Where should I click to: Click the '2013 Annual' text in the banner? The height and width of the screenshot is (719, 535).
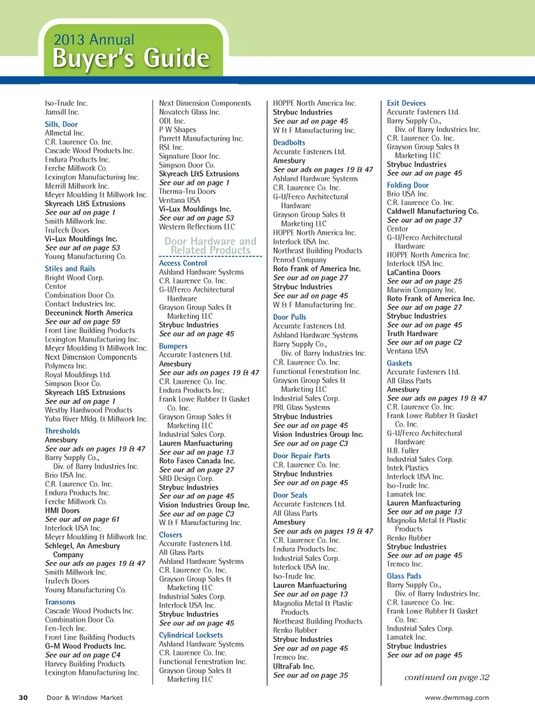[94, 40]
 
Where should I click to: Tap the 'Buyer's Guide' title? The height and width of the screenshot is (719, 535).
[130, 59]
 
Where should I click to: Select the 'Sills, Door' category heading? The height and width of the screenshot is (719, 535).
[61, 124]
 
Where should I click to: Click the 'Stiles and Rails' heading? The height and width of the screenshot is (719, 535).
[70, 269]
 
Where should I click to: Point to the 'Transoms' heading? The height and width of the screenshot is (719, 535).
[60, 602]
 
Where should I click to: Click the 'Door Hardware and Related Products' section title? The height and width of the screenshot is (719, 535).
[210, 246]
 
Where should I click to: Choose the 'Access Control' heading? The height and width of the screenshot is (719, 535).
[183, 263]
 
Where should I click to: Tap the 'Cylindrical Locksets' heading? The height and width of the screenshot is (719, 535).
[191, 635]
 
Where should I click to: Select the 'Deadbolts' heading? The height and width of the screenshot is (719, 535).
[289, 143]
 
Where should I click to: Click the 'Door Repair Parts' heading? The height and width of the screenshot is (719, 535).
[301, 455]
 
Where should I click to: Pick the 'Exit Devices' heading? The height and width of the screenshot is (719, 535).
[406, 103]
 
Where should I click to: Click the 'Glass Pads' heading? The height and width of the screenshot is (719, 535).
[404, 576]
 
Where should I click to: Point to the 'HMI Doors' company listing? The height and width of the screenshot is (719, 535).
[62, 510]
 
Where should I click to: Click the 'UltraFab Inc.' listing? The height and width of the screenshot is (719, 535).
[294, 666]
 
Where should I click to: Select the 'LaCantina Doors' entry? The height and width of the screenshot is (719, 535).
[414, 273]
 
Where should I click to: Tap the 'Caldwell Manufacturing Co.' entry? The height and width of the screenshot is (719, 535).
[432, 211]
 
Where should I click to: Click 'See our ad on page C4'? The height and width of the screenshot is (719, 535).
[82, 655]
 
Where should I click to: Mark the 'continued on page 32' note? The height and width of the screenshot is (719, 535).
[446, 677]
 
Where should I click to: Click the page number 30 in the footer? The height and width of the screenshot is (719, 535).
[23, 697]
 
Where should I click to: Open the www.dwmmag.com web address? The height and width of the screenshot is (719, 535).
[456, 697]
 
